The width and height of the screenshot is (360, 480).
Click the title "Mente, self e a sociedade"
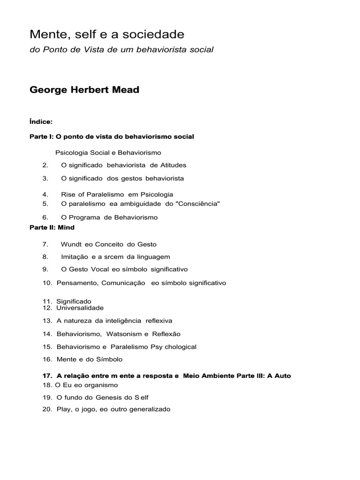point(107,34)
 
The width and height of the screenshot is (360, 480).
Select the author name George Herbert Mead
point(84,90)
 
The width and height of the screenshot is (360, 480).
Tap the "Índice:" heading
point(41,122)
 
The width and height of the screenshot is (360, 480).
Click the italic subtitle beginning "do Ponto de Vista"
point(121,50)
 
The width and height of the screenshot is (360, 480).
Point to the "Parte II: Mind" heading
point(52,227)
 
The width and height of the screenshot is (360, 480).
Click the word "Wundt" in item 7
point(71,244)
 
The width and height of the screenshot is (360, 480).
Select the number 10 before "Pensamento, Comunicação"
point(47,283)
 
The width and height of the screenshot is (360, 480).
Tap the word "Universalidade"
point(80,308)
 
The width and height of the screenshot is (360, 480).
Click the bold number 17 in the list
point(46,376)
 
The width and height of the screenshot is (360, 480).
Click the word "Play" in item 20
point(64,409)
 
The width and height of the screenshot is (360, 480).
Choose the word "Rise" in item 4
point(68,194)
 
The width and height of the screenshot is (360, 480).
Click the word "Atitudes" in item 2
point(173,165)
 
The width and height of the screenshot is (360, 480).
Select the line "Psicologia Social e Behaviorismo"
point(108,153)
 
